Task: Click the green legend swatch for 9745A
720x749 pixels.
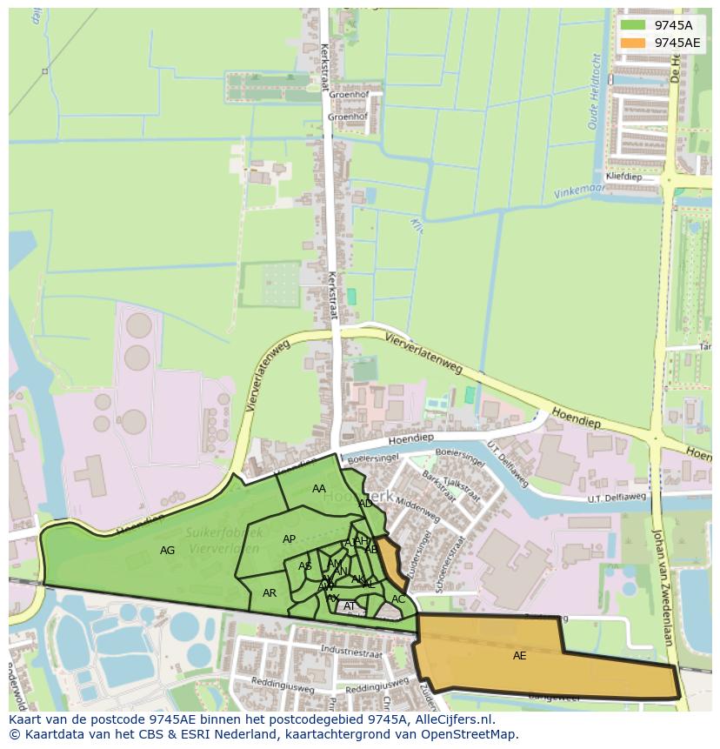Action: click(x=633, y=25)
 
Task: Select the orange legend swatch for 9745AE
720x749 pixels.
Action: click(x=633, y=43)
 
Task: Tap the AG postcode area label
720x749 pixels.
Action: click(x=168, y=551)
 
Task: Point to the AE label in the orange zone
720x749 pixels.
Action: click(x=519, y=656)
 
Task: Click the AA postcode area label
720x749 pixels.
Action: click(x=319, y=489)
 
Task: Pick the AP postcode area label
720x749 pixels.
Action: click(x=290, y=539)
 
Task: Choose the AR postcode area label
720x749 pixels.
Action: click(x=270, y=593)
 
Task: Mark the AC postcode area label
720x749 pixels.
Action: click(x=398, y=599)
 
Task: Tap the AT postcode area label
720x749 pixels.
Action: click(x=350, y=606)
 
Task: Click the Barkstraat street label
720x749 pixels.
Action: click(x=439, y=488)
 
